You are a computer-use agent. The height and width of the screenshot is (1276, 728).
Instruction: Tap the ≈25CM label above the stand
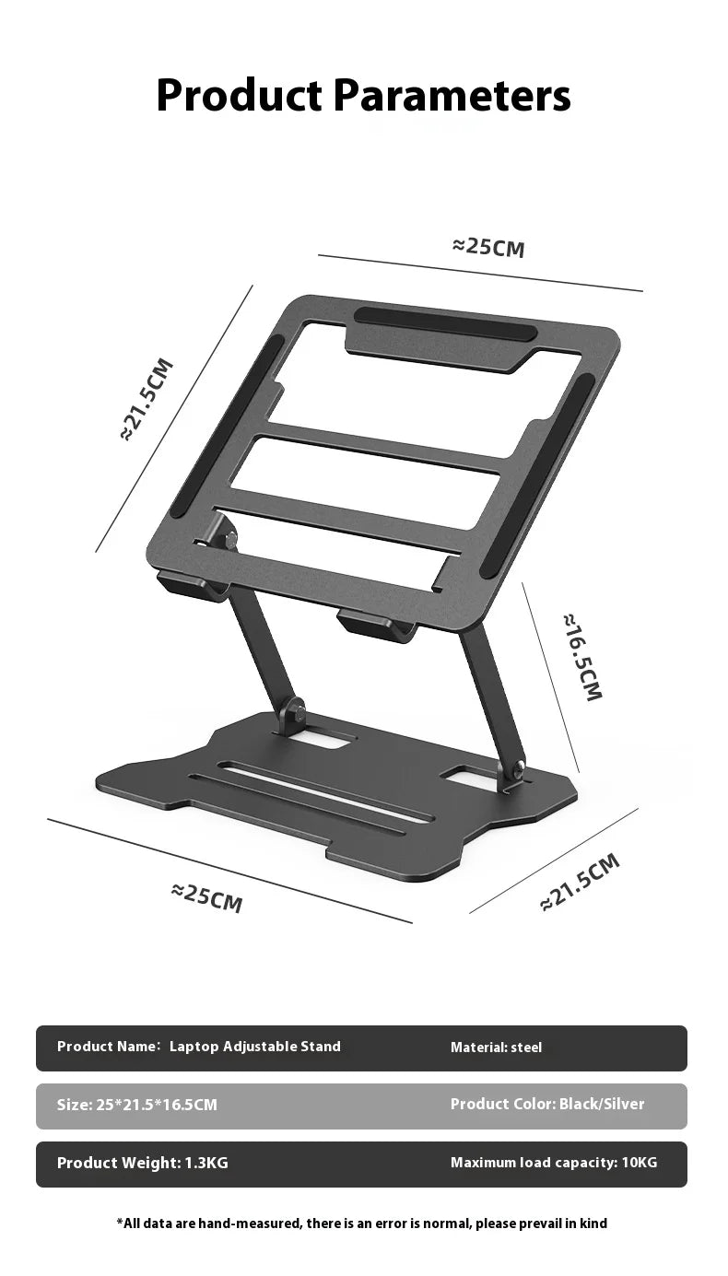tap(488, 247)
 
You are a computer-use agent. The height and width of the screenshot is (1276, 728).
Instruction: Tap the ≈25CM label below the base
tap(207, 896)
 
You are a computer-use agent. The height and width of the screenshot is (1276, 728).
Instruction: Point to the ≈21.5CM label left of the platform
tap(147, 399)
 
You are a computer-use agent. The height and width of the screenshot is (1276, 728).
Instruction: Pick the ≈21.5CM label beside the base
tap(580, 882)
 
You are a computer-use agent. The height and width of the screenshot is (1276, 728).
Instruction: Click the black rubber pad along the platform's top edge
tap(444, 323)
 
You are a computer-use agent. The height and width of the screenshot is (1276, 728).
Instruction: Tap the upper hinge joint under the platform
tap(220, 533)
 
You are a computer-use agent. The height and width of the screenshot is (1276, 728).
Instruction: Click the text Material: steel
tap(496, 1048)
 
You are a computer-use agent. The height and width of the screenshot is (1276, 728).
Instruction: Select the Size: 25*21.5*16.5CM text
tap(137, 1105)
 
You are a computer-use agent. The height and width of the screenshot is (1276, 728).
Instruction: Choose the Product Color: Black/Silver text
tap(546, 1104)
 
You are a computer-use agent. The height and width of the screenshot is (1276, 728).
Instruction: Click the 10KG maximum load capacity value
tap(640, 1163)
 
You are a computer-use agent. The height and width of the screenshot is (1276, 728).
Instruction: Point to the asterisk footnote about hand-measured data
tap(362, 1223)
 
